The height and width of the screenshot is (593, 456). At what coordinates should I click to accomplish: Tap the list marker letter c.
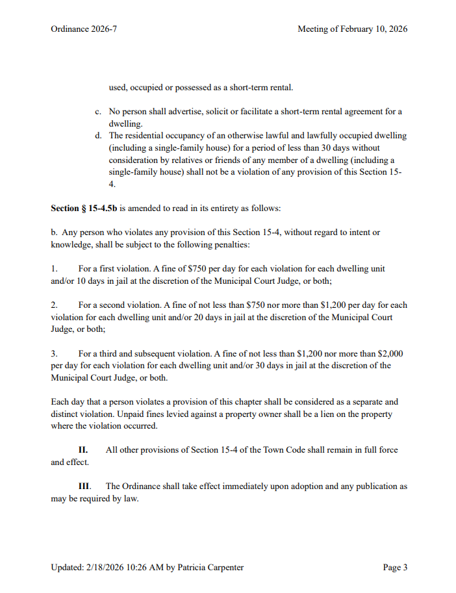(97, 112)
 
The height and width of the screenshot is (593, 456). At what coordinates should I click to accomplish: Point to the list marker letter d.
(97, 136)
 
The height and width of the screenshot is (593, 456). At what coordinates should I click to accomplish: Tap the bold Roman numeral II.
(83, 449)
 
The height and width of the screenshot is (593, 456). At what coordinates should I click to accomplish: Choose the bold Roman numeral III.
(84, 486)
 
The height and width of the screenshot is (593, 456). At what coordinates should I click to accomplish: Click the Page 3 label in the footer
(395, 567)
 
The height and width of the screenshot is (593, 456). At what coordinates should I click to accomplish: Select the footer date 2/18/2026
(106, 567)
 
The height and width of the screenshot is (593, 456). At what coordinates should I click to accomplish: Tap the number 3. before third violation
(55, 354)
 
